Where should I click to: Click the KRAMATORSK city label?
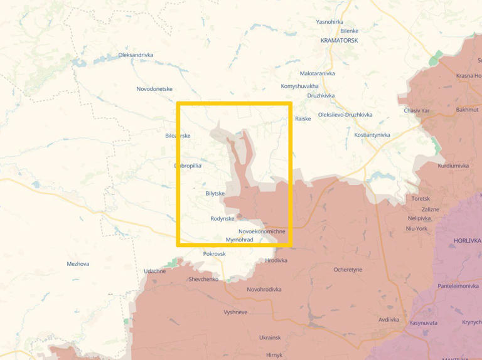339,40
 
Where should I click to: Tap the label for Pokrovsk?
214,253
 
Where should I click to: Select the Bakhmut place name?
467,110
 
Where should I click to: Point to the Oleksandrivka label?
136,55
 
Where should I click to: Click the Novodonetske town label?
154,89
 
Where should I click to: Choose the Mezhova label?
78,264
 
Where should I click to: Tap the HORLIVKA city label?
467,240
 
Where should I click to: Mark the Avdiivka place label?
388,319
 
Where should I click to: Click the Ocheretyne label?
348,270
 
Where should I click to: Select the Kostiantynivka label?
372,135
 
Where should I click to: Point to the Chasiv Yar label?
416,110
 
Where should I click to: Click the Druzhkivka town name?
321,95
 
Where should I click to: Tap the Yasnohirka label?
329,22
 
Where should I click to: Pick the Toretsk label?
420,198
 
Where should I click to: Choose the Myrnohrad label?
239,240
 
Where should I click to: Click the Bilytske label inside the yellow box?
215,193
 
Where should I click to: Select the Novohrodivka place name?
264,289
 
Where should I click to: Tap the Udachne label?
154,271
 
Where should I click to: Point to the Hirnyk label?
274,355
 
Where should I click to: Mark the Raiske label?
303,119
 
